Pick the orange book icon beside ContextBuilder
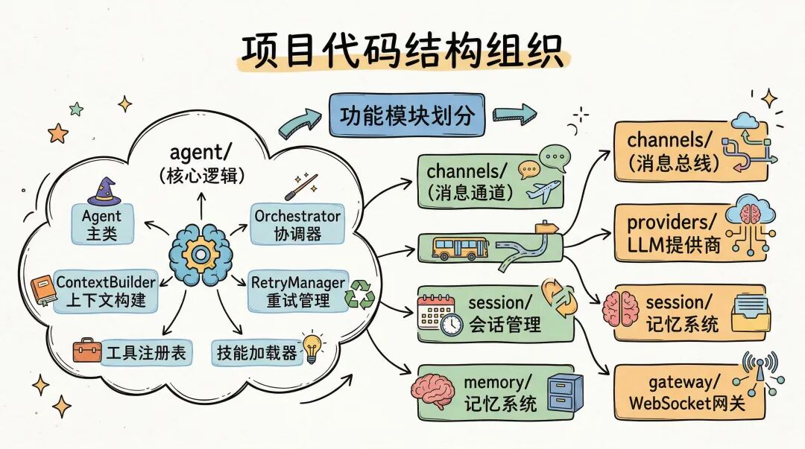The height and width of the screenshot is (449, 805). (x=42, y=291)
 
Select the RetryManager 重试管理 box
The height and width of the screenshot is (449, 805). (x=297, y=292)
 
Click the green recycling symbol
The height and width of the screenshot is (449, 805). (x=362, y=294)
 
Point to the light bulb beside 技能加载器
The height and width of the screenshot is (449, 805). (x=311, y=346)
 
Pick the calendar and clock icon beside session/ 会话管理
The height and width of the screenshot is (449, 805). (x=440, y=315)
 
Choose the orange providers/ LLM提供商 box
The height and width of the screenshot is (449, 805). (x=690, y=234)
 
